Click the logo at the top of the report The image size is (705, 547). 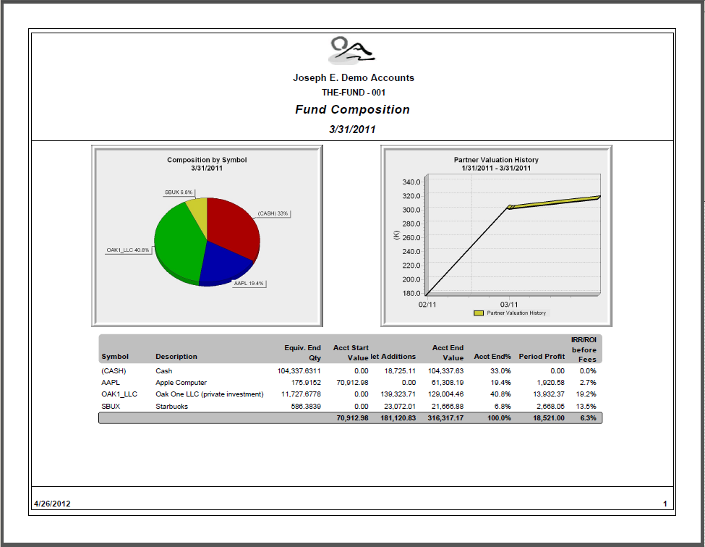coord(352,50)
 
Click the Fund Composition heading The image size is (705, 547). coord(352,110)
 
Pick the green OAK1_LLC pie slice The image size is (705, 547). coord(177,242)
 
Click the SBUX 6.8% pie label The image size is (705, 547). coord(179,192)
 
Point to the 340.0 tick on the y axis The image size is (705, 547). coord(411,182)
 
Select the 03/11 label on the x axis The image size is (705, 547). coord(508,305)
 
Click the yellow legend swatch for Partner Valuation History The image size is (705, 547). coord(479,313)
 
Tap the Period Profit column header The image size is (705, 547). coord(542,357)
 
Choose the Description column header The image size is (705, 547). coord(176,357)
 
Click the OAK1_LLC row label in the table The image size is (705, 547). coord(119,394)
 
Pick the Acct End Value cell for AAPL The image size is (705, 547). coord(448,383)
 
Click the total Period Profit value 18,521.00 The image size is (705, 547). coord(549,418)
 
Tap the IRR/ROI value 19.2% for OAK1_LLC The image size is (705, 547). coord(586,394)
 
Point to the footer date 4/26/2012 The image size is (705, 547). coord(52,504)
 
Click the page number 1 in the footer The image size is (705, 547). coord(665,504)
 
